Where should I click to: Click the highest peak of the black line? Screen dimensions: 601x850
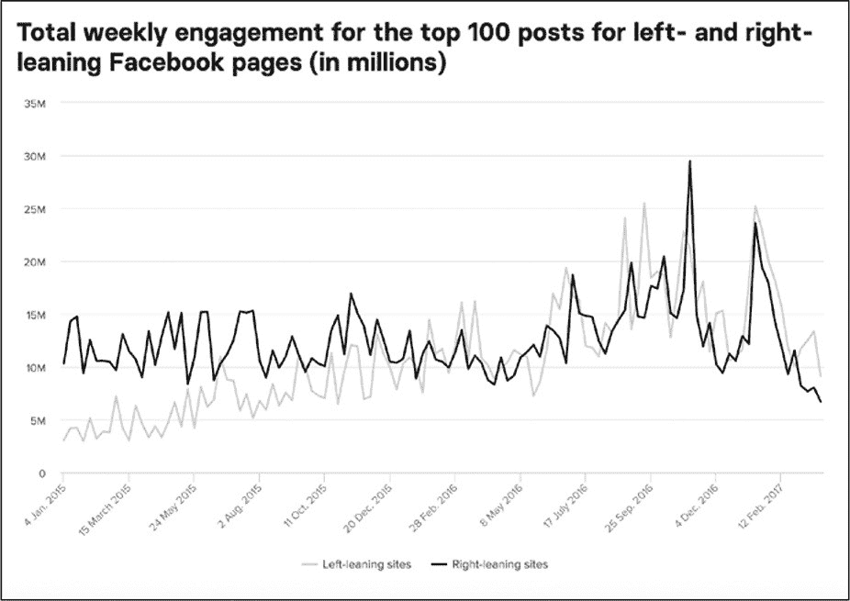689,161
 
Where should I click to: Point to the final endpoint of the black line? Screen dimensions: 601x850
821,402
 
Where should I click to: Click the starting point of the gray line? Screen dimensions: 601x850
63,440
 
